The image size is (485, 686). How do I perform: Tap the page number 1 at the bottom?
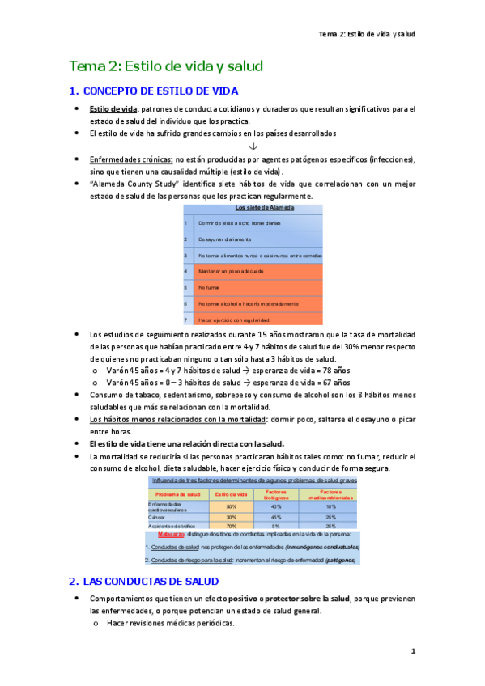pyautogui.click(x=412, y=651)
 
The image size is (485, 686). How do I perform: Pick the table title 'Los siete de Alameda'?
pyautogui.click(x=253, y=208)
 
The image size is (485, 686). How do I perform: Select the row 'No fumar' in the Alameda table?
pyautogui.click(x=209, y=287)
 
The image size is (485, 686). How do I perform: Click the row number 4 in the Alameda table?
pyautogui.click(x=185, y=271)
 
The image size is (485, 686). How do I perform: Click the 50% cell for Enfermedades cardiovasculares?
pyautogui.click(x=232, y=506)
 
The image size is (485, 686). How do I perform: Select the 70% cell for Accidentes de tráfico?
pyautogui.click(x=232, y=526)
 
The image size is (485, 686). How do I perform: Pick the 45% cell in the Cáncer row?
pyautogui.click(x=276, y=517)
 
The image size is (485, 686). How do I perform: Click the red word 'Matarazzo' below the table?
pyautogui.click(x=171, y=535)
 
